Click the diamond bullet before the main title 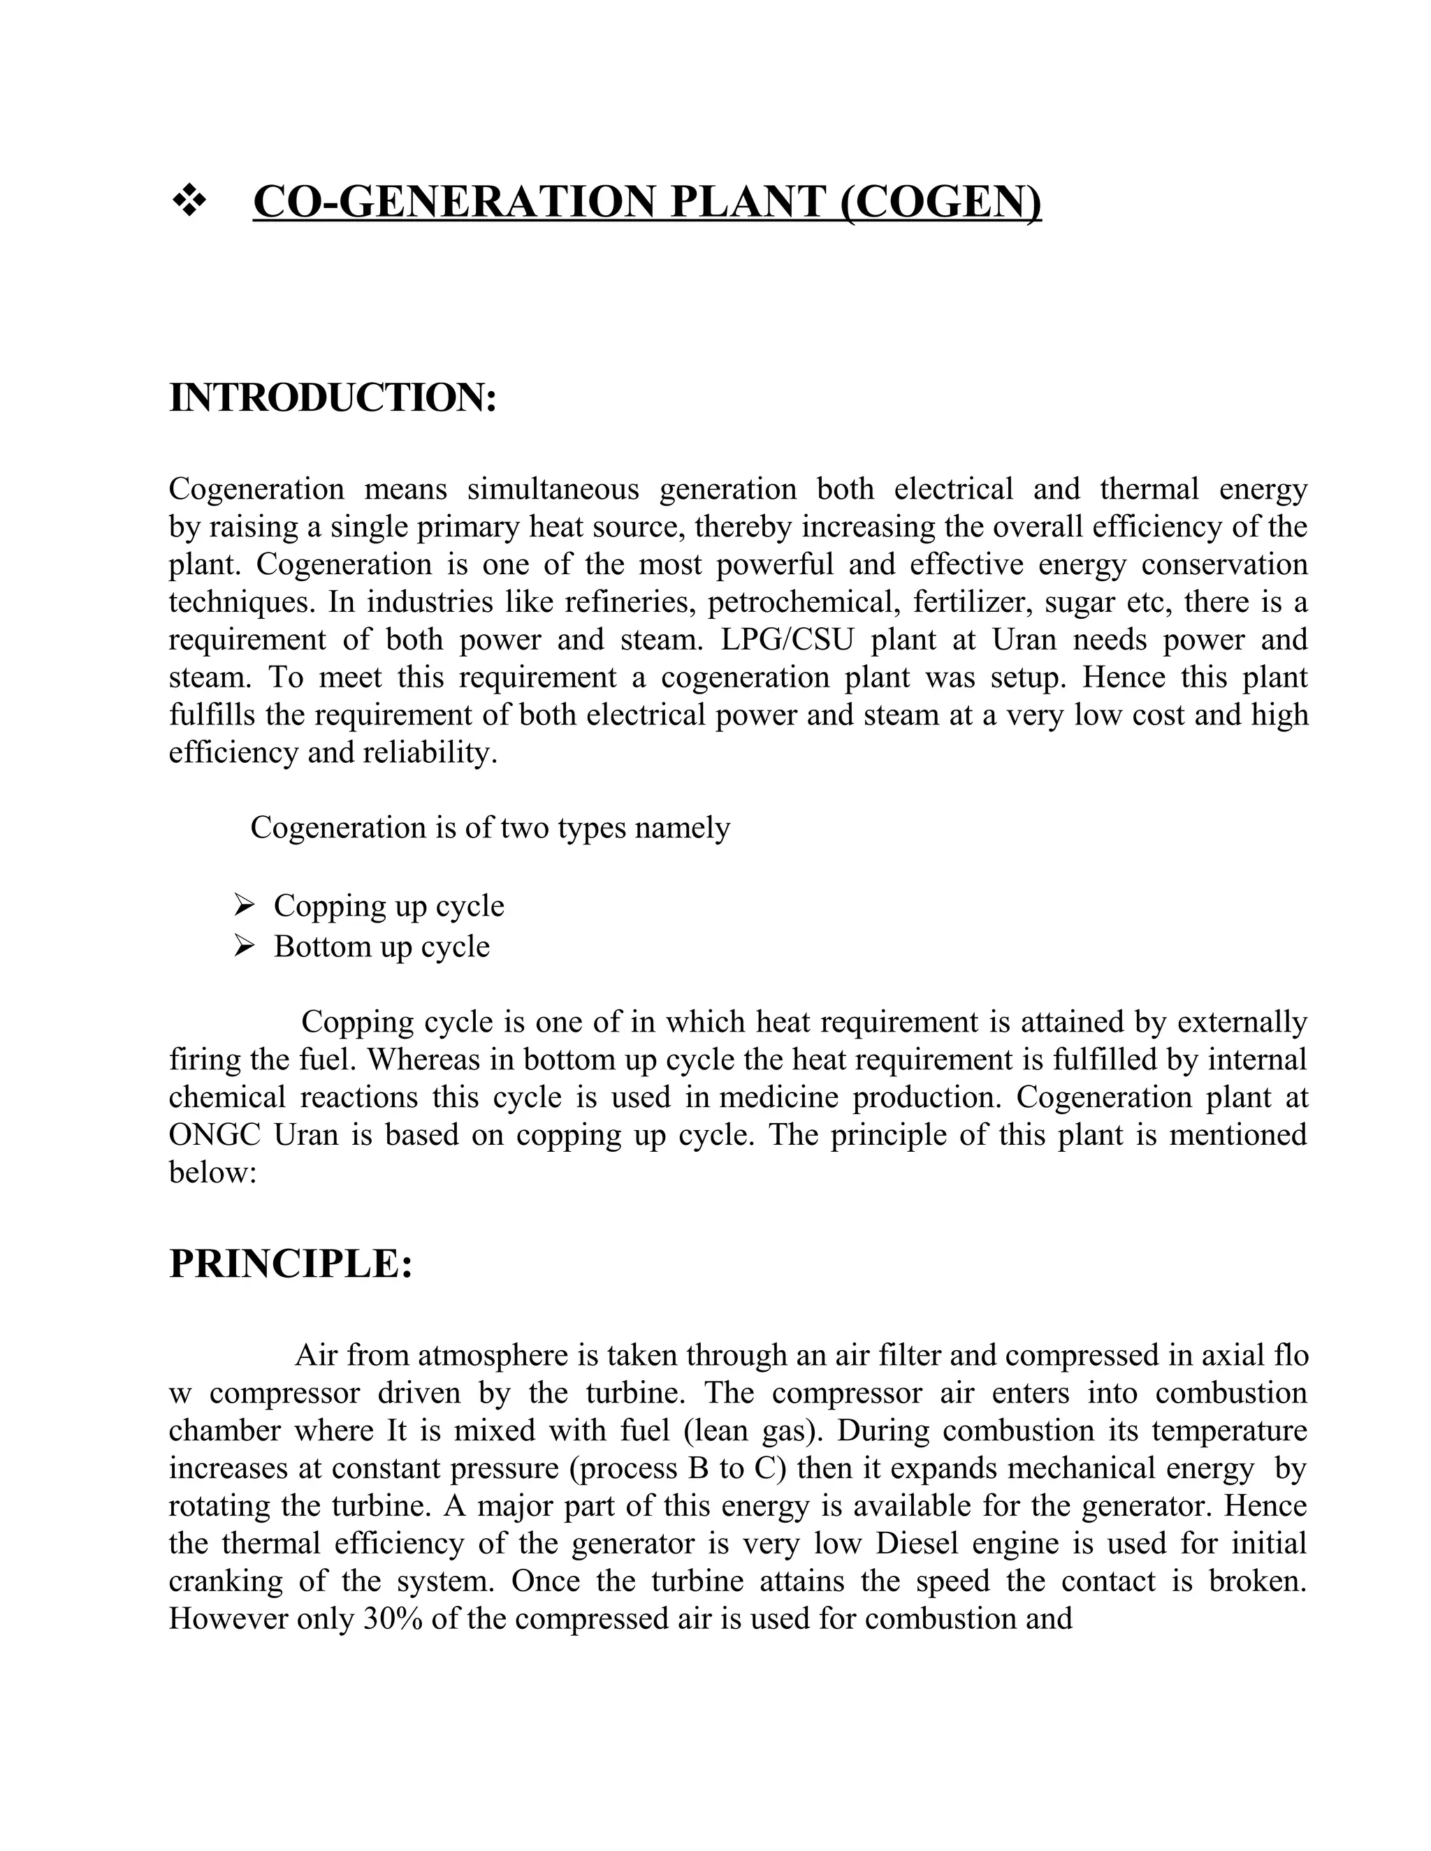pyautogui.click(x=190, y=203)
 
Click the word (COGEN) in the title pyautogui.click(x=941, y=203)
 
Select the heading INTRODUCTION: pyautogui.click(x=333, y=397)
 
